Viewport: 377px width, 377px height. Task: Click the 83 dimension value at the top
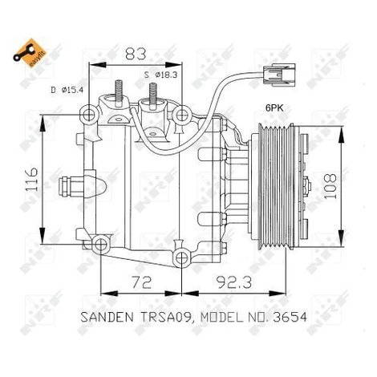click(136, 54)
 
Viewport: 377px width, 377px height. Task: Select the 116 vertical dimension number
click(31, 180)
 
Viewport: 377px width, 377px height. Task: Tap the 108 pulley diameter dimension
click(330, 186)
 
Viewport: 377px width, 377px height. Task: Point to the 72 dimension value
click(142, 282)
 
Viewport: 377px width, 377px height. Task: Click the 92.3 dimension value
click(234, 282)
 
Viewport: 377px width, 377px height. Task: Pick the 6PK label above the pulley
click(274, 107)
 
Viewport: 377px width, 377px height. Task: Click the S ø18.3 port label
click(160, 75)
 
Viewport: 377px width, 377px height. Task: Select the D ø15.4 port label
click(67, 90)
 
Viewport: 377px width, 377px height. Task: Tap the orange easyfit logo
click(30, 53)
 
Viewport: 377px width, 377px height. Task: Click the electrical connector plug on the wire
click(279, 75)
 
